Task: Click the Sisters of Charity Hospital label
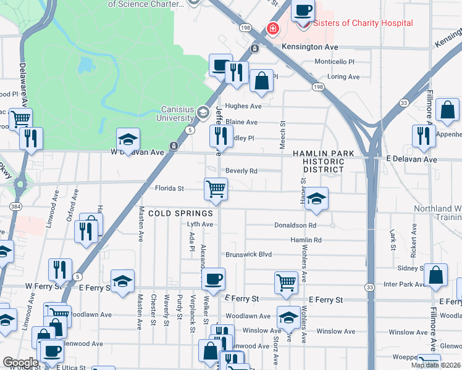pos(363,23)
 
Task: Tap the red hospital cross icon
pos(272,29)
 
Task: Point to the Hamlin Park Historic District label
pos(324,161)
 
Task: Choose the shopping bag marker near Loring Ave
pos(262,81)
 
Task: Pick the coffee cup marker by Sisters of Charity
pos(303,10)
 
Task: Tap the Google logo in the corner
pos(20,362)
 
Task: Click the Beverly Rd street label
pos(241,171)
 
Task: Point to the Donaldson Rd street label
pos(295,226)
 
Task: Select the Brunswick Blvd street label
pos(249,254)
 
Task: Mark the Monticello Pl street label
pos(334,62)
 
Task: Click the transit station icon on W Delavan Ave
pos(175,146)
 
